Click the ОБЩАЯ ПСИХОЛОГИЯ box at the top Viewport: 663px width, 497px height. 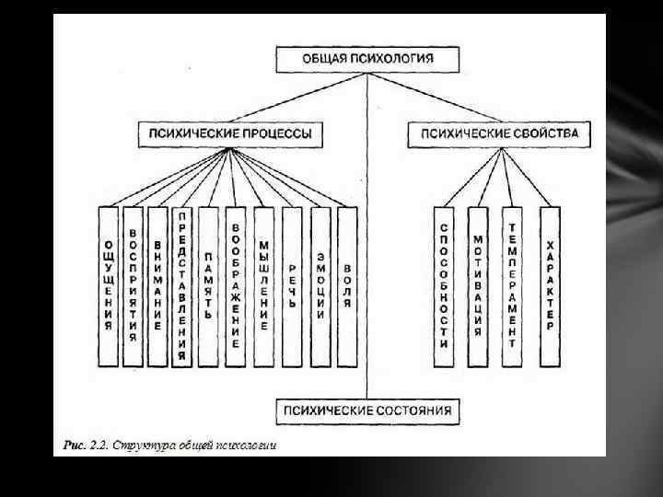click(367, 59)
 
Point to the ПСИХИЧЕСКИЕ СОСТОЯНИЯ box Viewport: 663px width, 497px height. click(367, 410)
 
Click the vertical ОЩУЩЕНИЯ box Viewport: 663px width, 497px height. click(109, 285)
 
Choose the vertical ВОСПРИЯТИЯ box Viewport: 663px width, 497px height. click(134, 285)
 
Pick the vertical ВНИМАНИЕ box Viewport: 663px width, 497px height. click(157, 285)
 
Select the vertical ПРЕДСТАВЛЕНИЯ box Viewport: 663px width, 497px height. click(182, 285)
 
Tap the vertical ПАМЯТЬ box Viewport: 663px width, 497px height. click(209, 285)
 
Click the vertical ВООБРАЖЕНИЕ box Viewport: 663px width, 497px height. click(237, 285)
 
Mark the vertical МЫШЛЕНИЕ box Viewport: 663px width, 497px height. click(264, 285)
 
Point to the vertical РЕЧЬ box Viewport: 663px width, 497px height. click(292, 285)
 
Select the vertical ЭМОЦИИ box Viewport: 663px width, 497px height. click(320, 285)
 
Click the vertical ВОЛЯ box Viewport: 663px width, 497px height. click(347, 285)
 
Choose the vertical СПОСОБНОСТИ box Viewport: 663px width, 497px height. click(444, 285)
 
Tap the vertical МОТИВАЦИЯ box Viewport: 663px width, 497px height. click(478, 285)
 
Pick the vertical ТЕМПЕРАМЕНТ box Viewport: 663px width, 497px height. click(513, 285)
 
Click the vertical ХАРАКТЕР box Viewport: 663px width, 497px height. click(550, 285)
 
